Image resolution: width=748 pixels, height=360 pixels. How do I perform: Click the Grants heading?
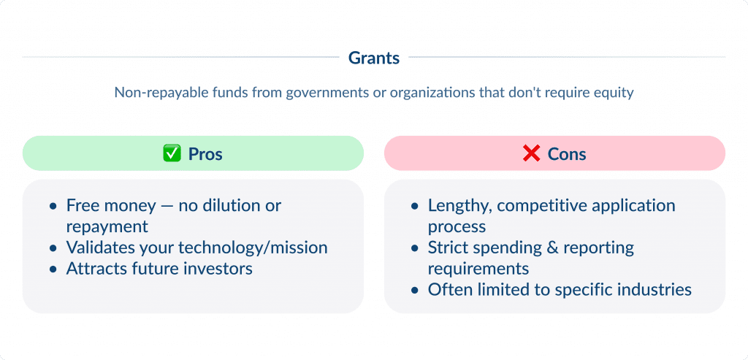[374, 58]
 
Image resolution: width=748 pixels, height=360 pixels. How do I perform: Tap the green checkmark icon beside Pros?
[171, 154]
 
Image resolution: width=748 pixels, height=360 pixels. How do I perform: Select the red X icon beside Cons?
[531, 154]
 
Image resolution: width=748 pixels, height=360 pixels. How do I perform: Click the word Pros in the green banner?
[205, 154]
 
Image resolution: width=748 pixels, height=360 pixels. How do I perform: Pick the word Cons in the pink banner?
[567, 154]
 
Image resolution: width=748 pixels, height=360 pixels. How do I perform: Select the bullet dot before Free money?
[53, 207]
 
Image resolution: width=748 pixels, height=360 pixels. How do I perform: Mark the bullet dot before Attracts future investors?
[53, 269]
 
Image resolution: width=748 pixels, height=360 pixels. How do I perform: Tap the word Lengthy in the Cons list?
[456, 206]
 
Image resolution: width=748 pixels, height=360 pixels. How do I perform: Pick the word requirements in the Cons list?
[478, 269]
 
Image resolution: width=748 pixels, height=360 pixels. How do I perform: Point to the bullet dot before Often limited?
[415, 291]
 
